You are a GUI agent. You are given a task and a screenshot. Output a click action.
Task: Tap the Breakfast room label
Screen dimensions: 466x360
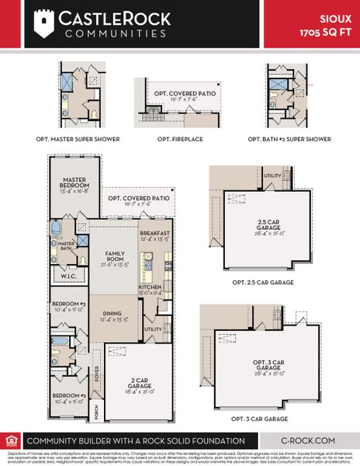click(x=154, y=235)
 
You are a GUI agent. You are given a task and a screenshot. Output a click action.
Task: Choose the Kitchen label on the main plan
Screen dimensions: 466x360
click(x=151, y=290)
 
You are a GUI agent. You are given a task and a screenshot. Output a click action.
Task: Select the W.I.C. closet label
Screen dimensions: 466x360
click(x=67, y=273)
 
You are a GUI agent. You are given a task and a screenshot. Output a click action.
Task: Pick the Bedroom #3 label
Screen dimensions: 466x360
click(x=69, y=306)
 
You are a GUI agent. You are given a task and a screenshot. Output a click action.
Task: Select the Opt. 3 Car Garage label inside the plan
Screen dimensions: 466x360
click(x=269, y=365)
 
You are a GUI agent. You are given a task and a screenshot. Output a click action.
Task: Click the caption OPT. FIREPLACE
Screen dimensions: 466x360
click(x=175, y=139)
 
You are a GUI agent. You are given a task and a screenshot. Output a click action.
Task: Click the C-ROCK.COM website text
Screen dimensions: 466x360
click(x=306, y=440)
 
